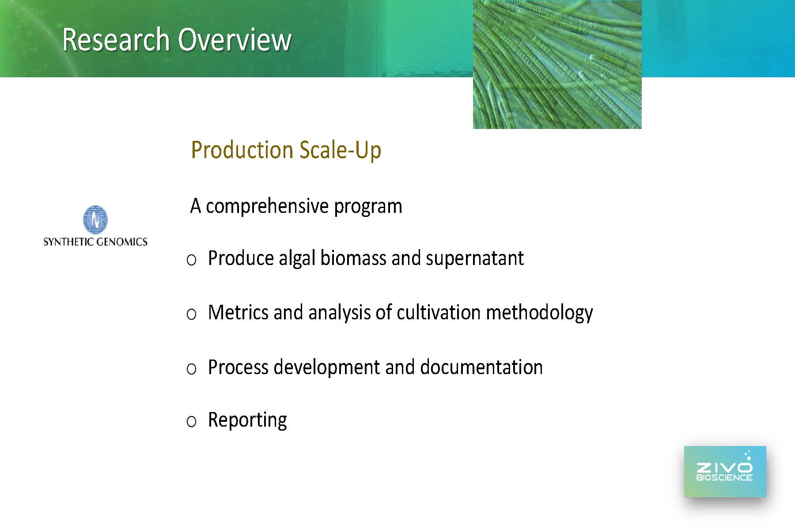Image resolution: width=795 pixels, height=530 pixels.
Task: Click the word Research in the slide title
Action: (x=116, y=40)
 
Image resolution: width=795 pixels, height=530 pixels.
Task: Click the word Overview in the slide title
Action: (x=235, y=40)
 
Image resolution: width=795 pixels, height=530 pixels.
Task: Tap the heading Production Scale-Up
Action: (x=286, y=150)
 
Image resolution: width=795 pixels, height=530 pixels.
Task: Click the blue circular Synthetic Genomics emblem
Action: (x=95, y=220)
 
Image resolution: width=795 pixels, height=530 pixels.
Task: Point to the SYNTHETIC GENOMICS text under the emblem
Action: (x=95, y=242)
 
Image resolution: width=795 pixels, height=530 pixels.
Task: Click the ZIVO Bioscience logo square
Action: (x=725, y=472)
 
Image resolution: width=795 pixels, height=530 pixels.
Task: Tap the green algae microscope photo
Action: (x=557, y=64)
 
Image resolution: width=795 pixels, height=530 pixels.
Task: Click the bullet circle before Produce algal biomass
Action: (x=191, y=260)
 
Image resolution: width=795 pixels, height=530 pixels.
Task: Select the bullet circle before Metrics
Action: (x=191, y=314)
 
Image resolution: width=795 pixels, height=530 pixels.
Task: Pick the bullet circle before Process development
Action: (x=191, y=368)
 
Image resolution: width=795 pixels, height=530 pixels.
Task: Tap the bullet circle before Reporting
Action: (x=191, y=421)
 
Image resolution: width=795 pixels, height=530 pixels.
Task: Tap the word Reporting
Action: (x=247, y=420)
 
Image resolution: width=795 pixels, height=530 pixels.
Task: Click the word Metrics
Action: (x=238, y=312)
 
